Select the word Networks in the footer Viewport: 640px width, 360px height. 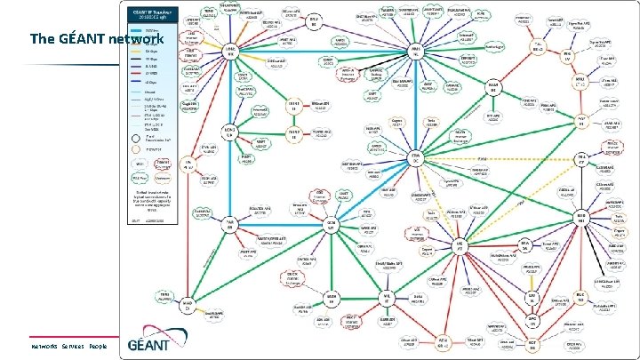point(44,346)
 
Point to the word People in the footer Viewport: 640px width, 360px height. point(98,346)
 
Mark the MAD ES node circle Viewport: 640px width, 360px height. point(189,304)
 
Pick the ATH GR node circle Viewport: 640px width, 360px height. point(443,341)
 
